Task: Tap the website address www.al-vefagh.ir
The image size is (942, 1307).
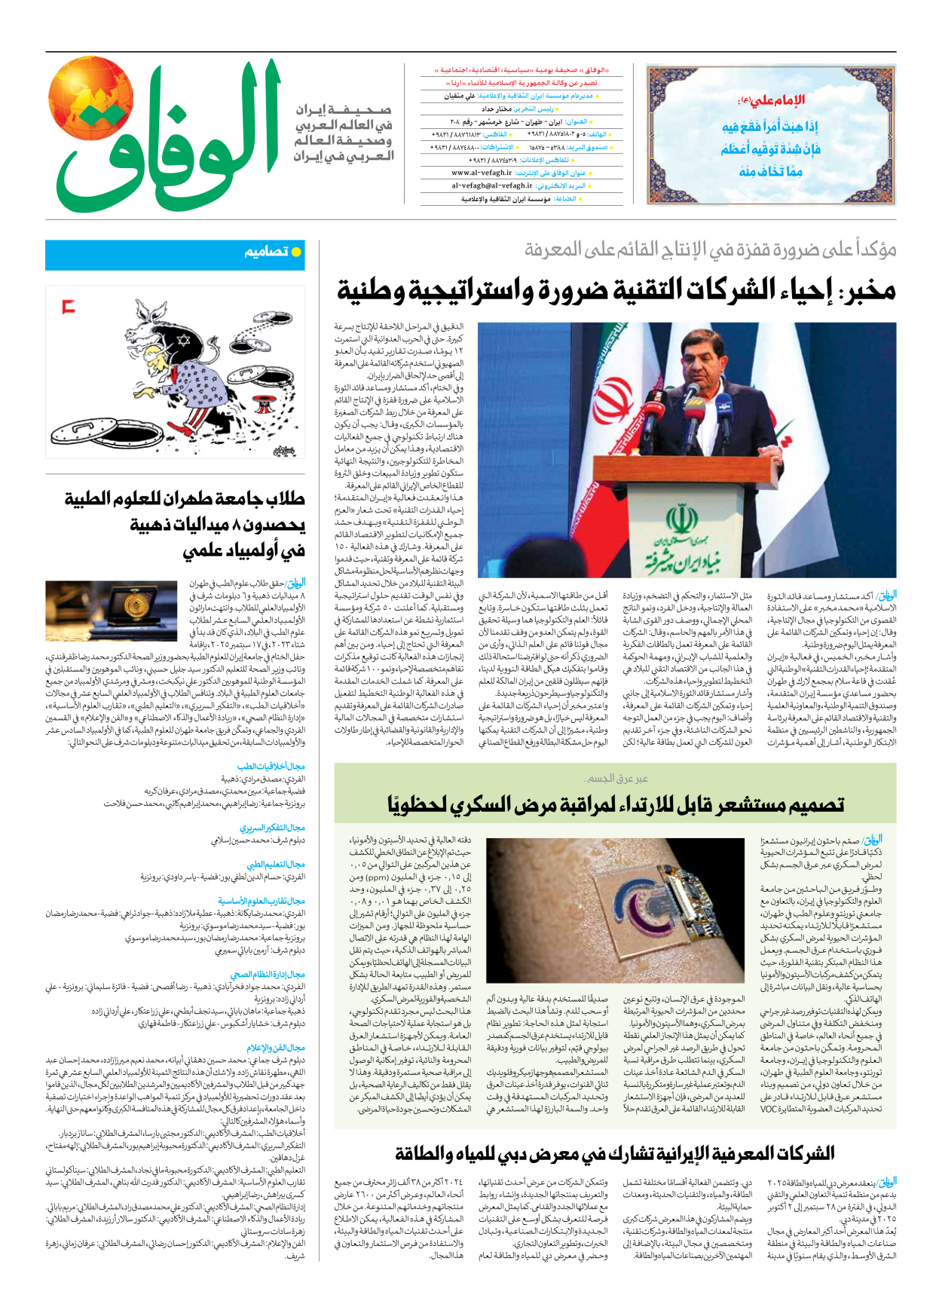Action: coord(482,173)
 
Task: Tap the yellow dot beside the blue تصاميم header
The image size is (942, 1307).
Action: coord(296,252)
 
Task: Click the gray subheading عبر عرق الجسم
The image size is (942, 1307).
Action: coord(615,778)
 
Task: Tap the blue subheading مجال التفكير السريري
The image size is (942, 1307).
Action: coord(271,828)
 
